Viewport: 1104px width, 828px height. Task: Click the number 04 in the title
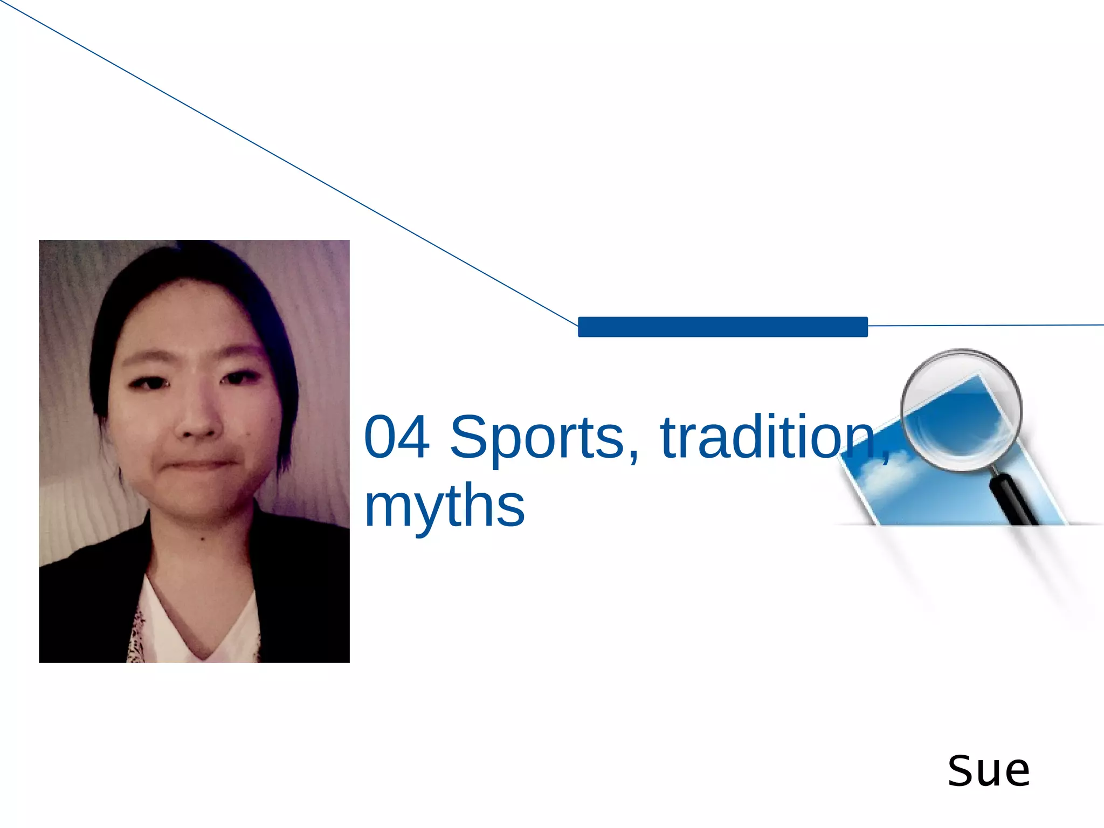397,436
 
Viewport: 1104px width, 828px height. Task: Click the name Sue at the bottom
989,770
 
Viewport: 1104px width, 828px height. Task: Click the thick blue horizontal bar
722,327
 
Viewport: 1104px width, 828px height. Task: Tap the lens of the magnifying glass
961,410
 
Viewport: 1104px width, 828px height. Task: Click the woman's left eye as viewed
149,383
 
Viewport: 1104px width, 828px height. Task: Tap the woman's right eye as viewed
238,378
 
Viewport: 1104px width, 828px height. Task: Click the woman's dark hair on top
189,270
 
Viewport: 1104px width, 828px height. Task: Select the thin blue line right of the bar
986,326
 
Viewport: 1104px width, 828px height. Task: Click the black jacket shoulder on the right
307,566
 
